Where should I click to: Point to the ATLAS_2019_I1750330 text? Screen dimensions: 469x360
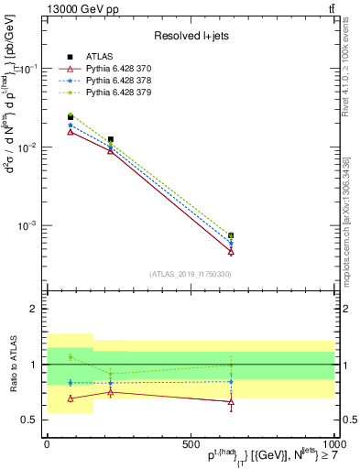tap(189, 274)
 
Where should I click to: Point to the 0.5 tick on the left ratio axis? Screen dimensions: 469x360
tap(29, 420)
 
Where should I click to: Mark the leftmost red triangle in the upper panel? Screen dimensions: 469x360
tap(71, 131)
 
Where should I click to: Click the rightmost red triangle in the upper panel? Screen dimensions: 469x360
tap(231, 251)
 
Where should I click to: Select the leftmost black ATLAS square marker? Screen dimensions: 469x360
tap(71, 117)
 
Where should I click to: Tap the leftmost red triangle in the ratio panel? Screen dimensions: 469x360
tap(71, 398)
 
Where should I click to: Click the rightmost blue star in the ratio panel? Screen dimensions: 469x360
tap(231, 381)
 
